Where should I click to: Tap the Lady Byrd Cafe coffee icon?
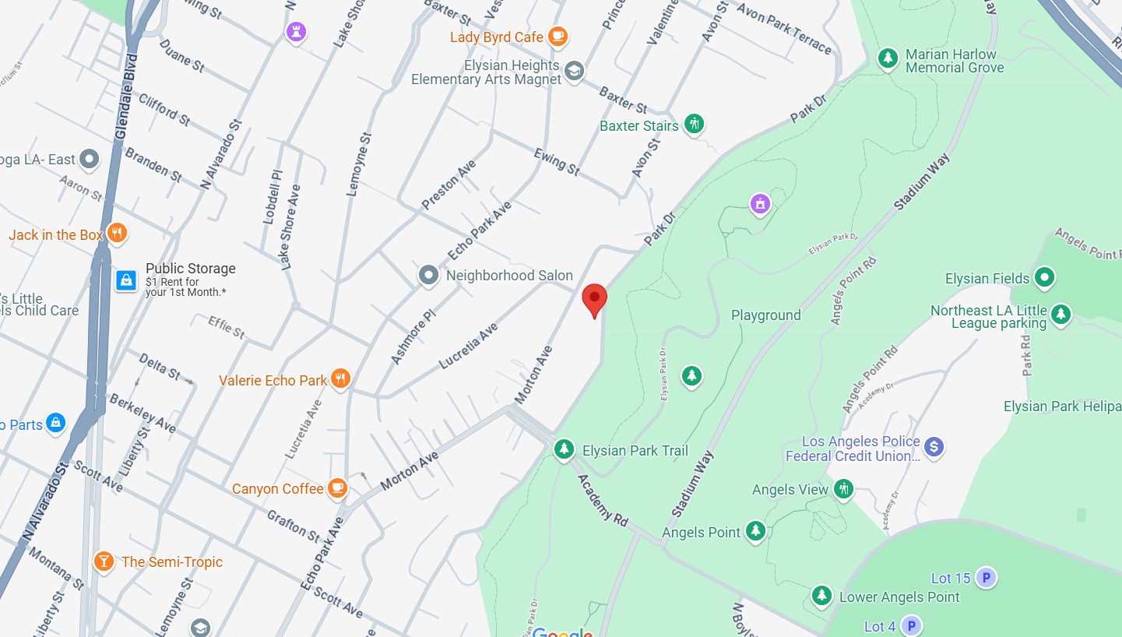(x=557, y=36)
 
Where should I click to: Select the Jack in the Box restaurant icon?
(x=116, y=233)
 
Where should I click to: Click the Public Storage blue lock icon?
(x=126, y=280)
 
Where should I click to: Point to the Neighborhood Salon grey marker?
(x=428, y=275)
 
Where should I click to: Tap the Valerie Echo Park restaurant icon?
(x=340, y=379)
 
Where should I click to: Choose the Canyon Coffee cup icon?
(x=337, y=487)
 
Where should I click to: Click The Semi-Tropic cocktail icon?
(x=103, y=561)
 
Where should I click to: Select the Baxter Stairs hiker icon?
(x=694, y=124)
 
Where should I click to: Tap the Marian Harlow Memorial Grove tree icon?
(x=888, y=58)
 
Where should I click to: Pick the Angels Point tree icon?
(x=755, y=531)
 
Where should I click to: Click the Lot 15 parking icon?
(x=986, y=577)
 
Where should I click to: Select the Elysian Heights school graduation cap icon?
(x=574, y=72)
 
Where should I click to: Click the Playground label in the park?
(x=765, y=315)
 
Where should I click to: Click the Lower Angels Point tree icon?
(x=821, y=596)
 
